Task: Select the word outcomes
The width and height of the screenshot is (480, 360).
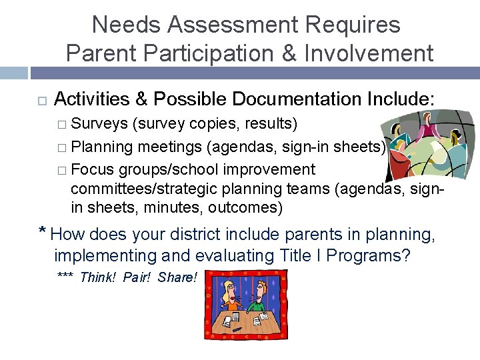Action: (245, 207)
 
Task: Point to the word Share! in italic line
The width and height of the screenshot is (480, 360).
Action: (177, 277)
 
